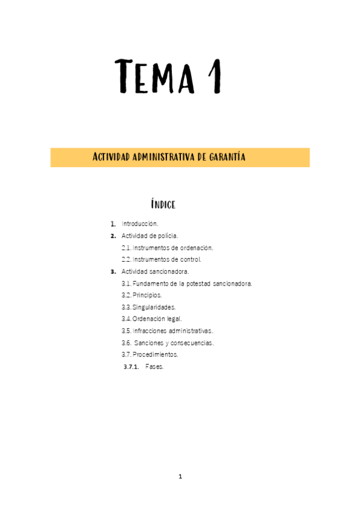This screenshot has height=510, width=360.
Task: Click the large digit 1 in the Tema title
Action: point(214,76)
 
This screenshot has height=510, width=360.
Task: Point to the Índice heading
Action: point(163,204)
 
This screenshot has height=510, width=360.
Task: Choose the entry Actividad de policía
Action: point(150,235)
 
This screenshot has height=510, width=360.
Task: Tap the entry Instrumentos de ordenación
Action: point(172,247)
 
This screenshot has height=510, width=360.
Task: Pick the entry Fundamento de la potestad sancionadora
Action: point(192,283)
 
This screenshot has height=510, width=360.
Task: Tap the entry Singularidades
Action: point(154,307)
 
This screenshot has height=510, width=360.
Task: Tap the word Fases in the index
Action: point(154,366)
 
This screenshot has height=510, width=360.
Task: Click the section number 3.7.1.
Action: point(131,366)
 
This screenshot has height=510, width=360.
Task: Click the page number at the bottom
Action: point(180,476)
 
